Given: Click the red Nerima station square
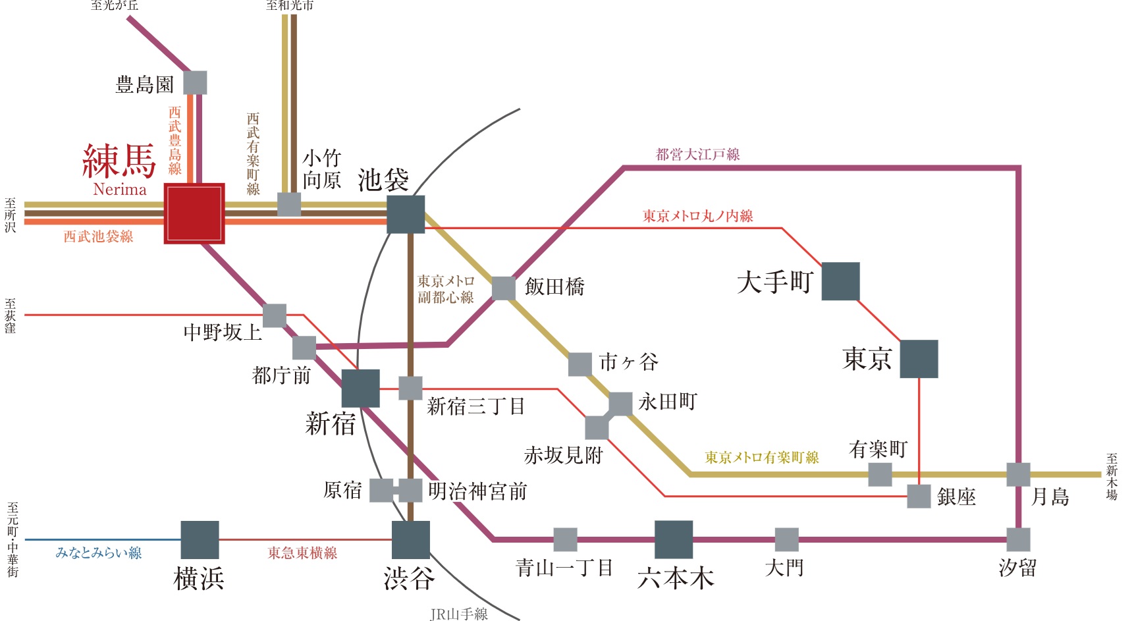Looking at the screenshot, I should click(194, 213).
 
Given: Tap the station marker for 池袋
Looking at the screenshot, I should click(405, 214).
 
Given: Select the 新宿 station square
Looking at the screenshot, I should click(360, 388).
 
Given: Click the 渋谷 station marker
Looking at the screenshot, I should click(410, 540).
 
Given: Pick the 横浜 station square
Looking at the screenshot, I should click(200, 540).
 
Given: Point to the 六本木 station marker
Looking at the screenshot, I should click(673, 539).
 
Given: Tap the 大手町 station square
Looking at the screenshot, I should click(840, 281).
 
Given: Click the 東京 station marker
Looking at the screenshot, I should click(919, 359).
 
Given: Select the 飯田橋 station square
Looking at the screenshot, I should click(504, 288).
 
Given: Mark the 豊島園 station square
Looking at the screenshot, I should click(195, 83).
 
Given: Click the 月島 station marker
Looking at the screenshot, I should click(1018, 474).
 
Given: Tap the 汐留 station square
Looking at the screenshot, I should click(1018, 539).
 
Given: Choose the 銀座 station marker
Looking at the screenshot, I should click(919, 497).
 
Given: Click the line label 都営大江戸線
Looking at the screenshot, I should click(698, 155).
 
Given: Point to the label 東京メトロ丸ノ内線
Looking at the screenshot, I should click(698, 216).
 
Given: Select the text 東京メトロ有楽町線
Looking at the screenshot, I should click(762, 457).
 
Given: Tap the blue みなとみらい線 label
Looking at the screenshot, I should click(99, 553).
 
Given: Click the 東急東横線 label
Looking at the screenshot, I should click(302, 553).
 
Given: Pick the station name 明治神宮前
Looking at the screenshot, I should click(477, 491).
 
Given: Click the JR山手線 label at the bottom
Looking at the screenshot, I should click(459, 614).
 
